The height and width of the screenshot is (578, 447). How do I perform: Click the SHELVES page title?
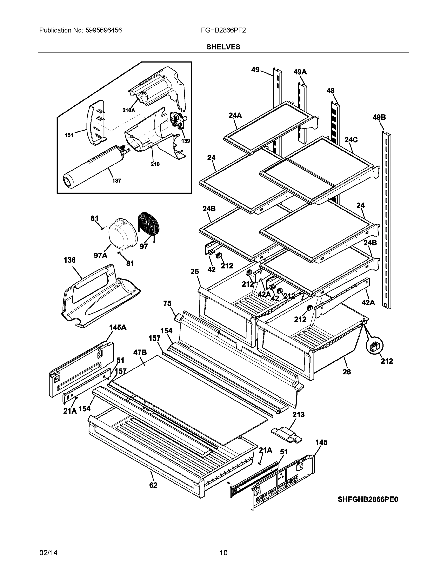(223, 47)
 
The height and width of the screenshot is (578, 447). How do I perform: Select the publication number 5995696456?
(104, 30)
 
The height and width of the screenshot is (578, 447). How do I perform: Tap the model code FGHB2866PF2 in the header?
(223, 30)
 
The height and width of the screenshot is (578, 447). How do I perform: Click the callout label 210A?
(129, 110)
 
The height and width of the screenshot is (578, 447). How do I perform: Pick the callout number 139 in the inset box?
(186, 141)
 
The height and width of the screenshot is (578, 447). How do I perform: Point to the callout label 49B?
(379, 117)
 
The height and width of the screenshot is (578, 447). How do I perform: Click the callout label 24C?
(351, 140)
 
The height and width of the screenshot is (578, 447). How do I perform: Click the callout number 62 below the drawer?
(153, 485)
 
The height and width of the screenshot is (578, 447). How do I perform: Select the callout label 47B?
(140, 352)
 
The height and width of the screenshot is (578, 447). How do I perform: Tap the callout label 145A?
(118, 327)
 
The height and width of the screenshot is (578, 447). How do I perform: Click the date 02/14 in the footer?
(48, 553)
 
